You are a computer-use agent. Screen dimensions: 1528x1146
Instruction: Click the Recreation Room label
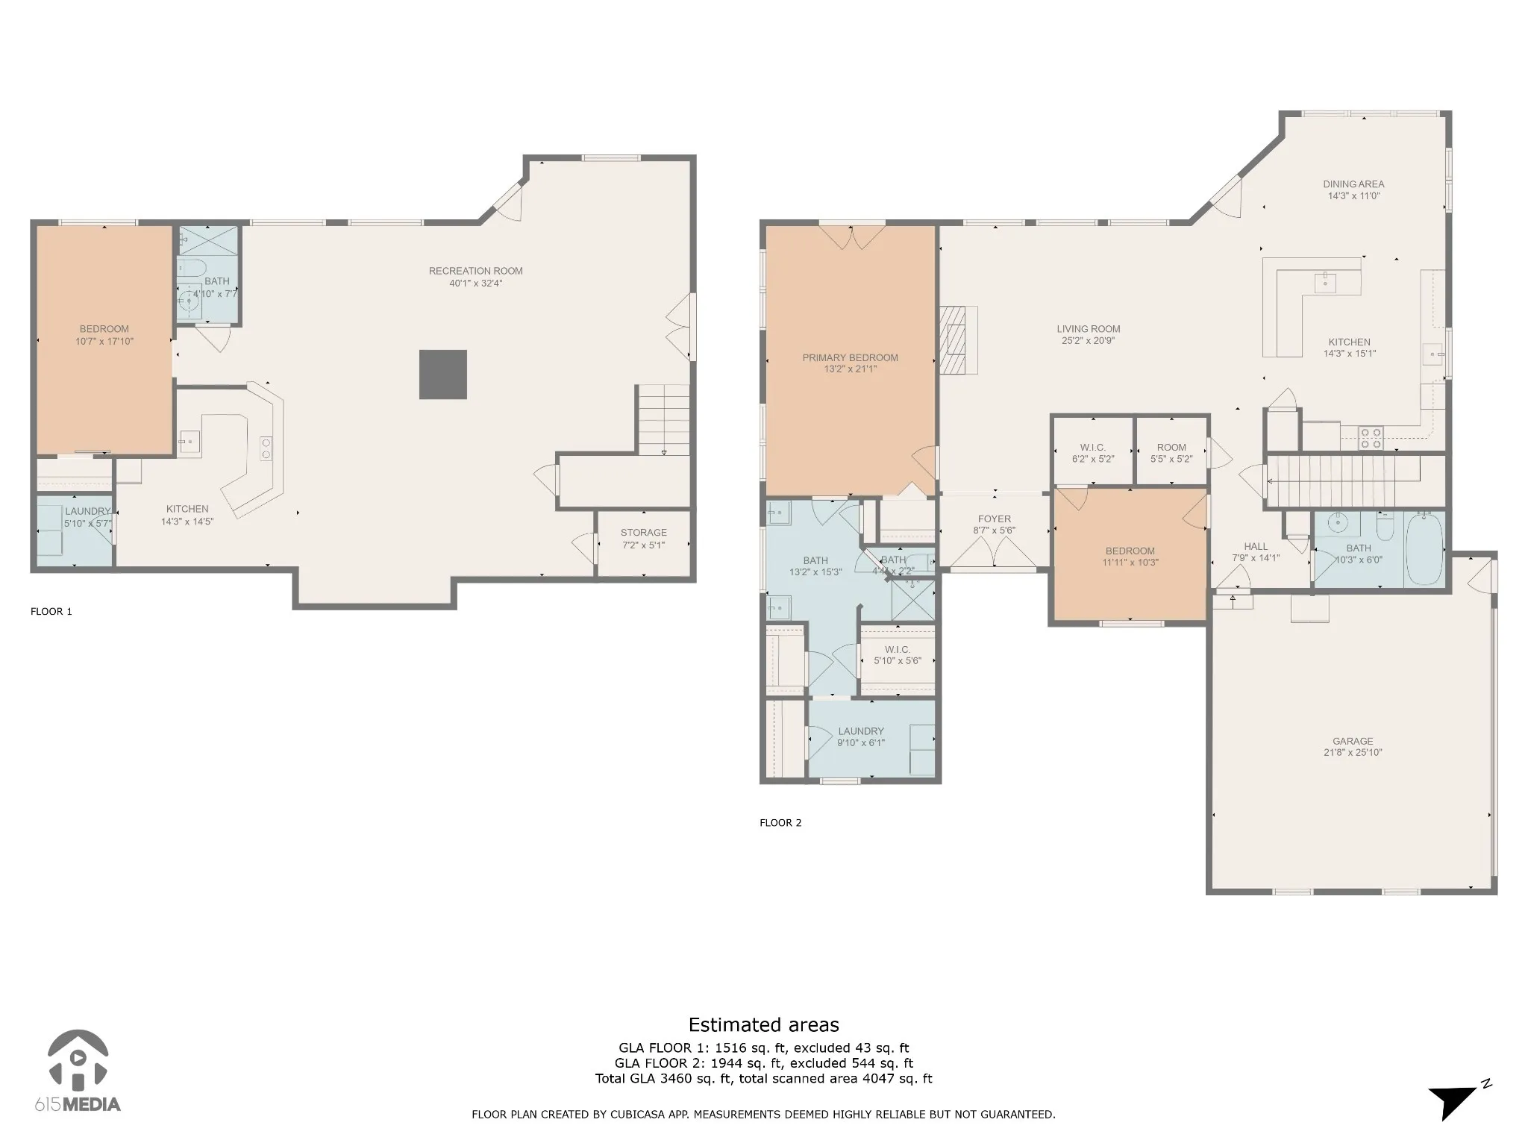point(475,271)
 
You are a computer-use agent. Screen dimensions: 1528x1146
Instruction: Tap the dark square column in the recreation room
point(443,375)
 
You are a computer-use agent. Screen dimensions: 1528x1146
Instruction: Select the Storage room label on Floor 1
point(643,533)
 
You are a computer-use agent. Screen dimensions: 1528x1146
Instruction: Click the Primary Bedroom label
point(850,357)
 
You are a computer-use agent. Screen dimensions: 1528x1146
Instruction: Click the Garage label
point(1353,741)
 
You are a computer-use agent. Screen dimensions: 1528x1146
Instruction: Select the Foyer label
point(995,519)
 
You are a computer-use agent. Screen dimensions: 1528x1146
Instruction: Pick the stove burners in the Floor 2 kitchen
point(1371,438)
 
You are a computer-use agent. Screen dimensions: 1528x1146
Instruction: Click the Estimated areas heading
point(763,1025)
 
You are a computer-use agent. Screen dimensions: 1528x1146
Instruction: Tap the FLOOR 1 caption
point(51,612)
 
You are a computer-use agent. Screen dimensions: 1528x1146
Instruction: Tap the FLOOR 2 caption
point(780,823)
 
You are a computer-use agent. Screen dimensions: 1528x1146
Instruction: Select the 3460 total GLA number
point(674,1078)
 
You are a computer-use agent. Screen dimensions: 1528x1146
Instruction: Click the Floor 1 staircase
point(663,419)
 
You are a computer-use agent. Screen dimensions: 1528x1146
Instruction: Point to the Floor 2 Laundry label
point(861,732)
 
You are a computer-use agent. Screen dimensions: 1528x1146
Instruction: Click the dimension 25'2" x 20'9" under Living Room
point(1089,341)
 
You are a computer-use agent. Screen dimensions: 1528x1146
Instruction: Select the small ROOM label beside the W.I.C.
point(1171,448)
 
